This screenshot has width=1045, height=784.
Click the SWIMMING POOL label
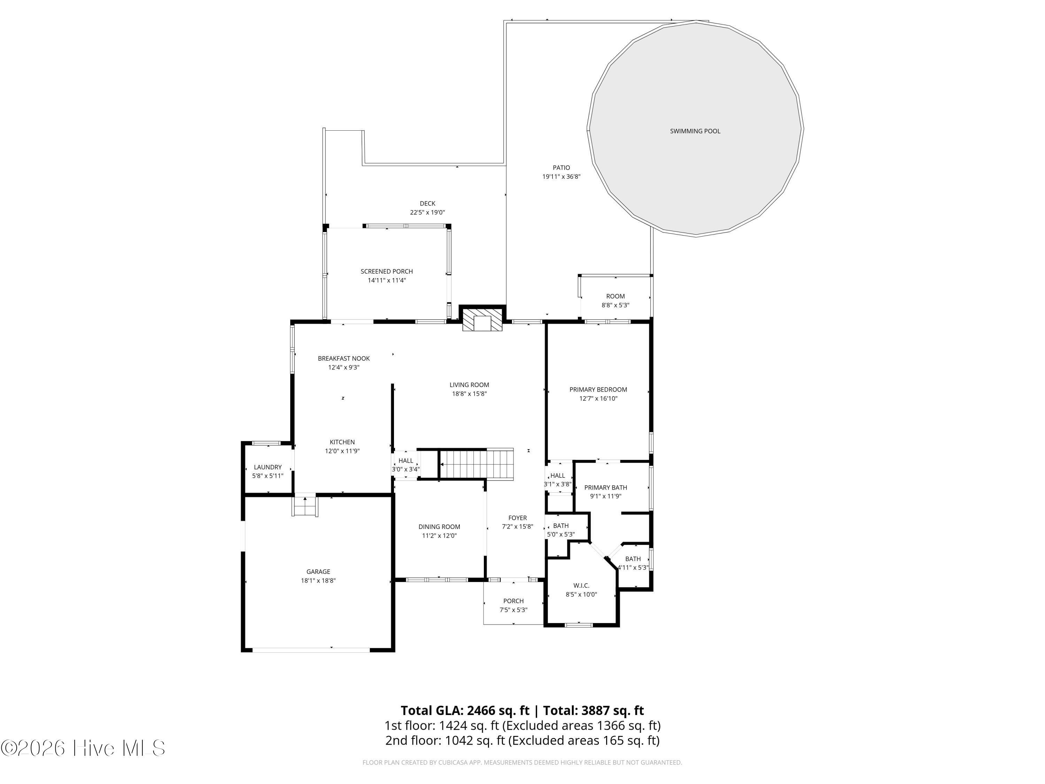[695, 131]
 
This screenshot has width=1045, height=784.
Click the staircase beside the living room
[477, 464]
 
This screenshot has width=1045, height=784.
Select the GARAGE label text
[318, 572]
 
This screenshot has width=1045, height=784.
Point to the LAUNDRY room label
[268, 467]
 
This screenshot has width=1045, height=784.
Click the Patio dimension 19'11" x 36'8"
[561, 177]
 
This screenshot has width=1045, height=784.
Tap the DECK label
[427, 204]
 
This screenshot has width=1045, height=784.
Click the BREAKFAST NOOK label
[343, 359]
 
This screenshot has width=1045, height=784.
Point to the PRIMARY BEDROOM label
[598, 390]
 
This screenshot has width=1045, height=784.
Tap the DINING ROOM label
[439, 527]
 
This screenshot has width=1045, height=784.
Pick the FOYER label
[517, 518]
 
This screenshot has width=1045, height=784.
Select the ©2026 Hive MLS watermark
[83, 748]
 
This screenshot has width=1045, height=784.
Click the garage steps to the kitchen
[305, 505]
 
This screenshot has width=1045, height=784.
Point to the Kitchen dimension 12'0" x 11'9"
[342, 451]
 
